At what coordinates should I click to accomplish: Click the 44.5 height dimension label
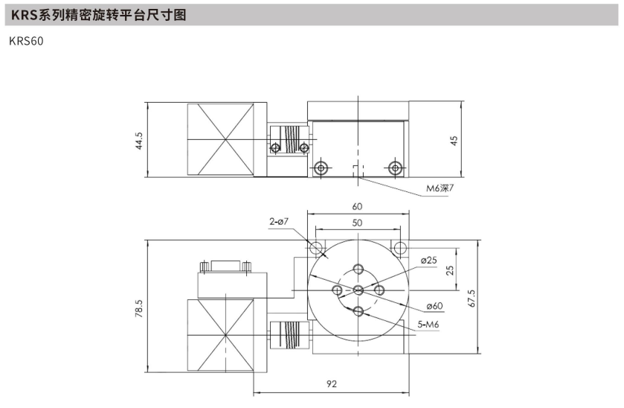(x=139, y=141)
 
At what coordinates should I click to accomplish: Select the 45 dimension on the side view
(x=454, y=141)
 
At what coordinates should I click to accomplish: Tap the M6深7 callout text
(x=440, y=188)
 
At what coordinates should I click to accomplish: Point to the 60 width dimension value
(x=357, y=206)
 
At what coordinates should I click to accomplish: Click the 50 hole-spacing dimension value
(x=357, y=223)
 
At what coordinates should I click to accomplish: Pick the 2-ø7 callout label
(x=279, y=222)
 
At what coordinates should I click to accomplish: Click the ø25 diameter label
(x=428, y=261)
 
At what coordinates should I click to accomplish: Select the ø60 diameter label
(x=434, y=306)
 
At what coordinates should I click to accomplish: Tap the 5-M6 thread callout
(x=428, y=325)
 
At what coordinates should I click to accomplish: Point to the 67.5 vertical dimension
(x=472, y=298)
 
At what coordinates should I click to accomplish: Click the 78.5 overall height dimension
(x=138, y=308)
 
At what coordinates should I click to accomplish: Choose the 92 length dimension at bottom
(x=332, y=383)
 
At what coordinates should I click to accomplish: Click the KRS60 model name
(x=26, y=41)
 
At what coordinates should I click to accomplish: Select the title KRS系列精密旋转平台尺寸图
(x=99, y=15)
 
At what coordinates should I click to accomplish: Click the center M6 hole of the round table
(x=358, y=290)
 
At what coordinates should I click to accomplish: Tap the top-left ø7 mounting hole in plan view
(x=318, y=248)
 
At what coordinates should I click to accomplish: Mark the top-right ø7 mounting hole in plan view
(x=399, y=248)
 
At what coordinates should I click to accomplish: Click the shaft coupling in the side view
(x=289, y=140)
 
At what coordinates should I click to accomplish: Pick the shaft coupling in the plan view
(x=289, y=336)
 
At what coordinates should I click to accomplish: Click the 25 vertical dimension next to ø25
(x=450, y=270)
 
